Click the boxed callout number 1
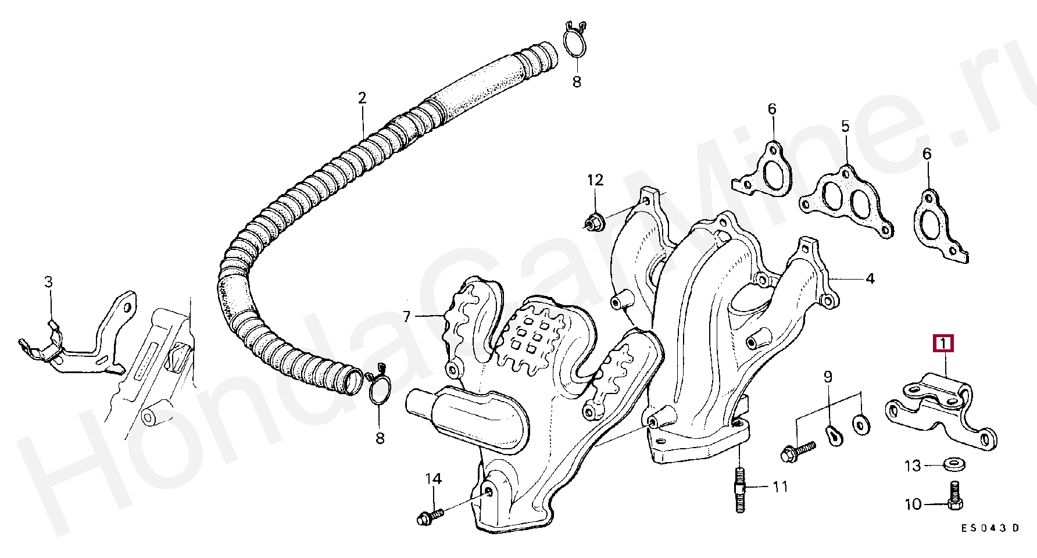click(x=943, y=344)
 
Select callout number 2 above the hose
click(x=362, y=98)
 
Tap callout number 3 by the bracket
click(x=48, y=282)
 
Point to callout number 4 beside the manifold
click(x=870, y=279)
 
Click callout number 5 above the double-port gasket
click(x=845, y=126)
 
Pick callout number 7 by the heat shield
click(x=407, y=317)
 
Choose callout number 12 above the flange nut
click(x=595, y=180)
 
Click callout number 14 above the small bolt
click(x=434, y=479)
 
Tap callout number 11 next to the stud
click(x=780, y=486)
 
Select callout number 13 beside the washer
click(x=913, y=466)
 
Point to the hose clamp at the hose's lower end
click(x=379, y=388)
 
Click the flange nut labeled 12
click(x=593, y=222)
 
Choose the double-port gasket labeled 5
click(x=846, y=201)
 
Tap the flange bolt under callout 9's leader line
click(x=798, y=452)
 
